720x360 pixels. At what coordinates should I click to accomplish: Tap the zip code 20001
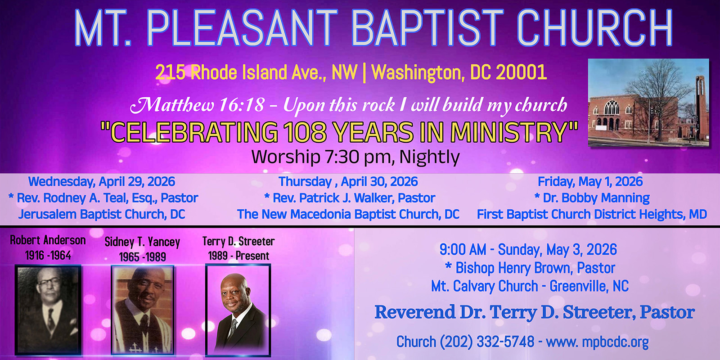click(x=521, y=72)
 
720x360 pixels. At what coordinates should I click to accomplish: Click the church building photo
click(x=648, y=103)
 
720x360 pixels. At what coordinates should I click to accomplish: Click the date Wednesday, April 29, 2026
click(x=102, y=182)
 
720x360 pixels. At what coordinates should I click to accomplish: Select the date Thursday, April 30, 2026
click(x=348, y=182)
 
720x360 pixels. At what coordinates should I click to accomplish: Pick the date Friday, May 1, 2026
click(x=590, y=182)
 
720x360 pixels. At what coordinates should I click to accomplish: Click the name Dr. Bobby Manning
click(x=596, y=198)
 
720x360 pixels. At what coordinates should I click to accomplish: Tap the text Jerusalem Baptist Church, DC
click(x=102, y=214)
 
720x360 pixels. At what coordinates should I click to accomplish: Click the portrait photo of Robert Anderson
click(x=48, y=310)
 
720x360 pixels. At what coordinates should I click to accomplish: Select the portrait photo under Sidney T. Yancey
click(x=143, y=310)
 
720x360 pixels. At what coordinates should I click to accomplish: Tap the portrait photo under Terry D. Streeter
click(x=238, y=310)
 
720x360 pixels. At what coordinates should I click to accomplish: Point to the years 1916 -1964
click(x=48, y=256)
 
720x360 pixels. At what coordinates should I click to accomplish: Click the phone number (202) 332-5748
click(x=486, y=342)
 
